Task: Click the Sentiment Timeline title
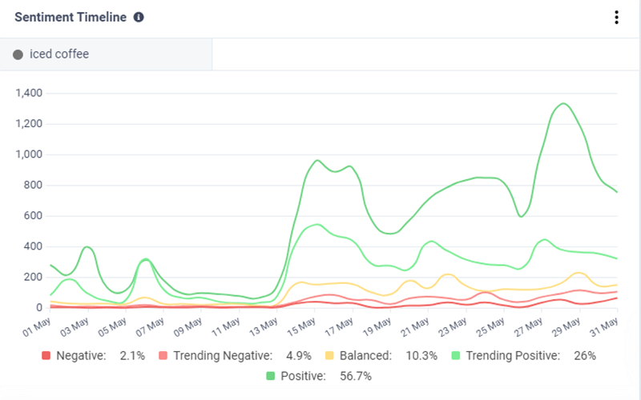pos(71,18)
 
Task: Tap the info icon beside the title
pos(139,18)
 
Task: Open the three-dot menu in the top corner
pos(616,18)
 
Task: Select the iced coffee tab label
pos(59,54)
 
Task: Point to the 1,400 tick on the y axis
pos(29,94)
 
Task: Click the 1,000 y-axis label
pos(29,154)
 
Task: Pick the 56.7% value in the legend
pos(355,376)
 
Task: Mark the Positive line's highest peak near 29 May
pos(564,103)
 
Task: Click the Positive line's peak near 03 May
pos(87,246)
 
